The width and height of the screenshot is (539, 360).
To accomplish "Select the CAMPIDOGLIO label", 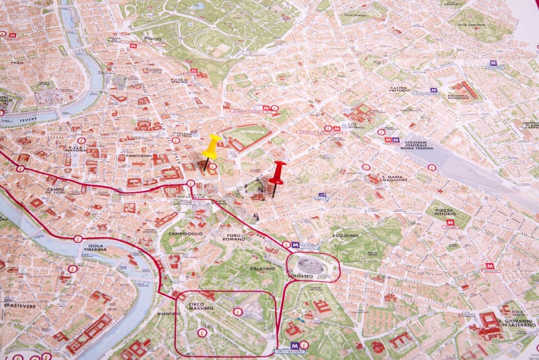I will point(185,233).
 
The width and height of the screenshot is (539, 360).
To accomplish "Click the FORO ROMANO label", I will point(234,237).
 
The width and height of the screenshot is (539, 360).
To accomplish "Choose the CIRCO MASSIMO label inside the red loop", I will point(200,307).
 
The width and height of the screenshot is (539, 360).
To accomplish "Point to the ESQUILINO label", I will point(345,235).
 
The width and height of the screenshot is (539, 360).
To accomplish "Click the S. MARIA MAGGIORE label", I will point(395,177).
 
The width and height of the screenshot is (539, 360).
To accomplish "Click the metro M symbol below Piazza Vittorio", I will point(450,222).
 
